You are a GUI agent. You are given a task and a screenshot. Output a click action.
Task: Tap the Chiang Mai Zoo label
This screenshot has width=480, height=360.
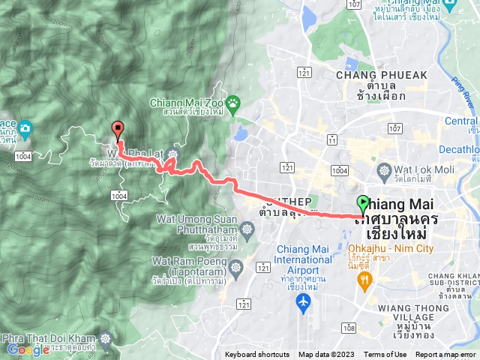pyautogui.click(x=187, y=103)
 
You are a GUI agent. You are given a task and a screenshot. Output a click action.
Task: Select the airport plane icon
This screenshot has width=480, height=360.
pyautogui.click(x=303, y=303)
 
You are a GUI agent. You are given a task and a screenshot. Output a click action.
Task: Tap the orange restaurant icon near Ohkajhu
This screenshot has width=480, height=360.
pyautogui.click(x=365, y=281)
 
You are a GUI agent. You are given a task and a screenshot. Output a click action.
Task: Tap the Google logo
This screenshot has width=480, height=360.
pyautogui.click(x=28, y=349)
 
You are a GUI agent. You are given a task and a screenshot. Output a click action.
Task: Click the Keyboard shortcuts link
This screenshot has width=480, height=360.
pyautogui.click(x=257, y=355)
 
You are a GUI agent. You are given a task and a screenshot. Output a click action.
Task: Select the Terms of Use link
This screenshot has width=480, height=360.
pyautogui.click(x=385, y=355)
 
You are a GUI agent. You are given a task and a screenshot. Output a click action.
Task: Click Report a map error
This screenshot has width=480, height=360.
pyautogui.click(x=446, y=355)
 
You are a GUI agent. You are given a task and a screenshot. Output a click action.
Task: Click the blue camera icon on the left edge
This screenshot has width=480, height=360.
pyautogui.click(x=25, y=127)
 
